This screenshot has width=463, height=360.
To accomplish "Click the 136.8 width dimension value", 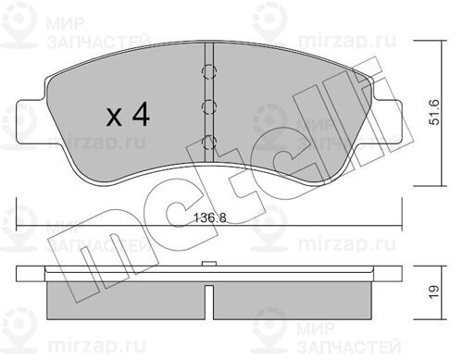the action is (209, 218).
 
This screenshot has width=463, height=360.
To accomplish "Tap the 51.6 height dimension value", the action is (435, 112).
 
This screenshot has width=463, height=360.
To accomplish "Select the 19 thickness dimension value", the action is (434, 292).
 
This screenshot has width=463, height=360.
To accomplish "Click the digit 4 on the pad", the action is (141, 115).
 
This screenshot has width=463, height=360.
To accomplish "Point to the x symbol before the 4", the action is (114, 118).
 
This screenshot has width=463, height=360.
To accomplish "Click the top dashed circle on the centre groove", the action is (209, 71).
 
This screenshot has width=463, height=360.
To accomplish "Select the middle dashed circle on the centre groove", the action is (209, 106).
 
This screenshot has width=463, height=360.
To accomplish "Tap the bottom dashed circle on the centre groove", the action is (209, 143).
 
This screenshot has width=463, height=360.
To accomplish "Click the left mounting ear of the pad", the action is (31, 122).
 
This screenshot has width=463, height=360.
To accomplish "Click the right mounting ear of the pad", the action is (387, 122).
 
